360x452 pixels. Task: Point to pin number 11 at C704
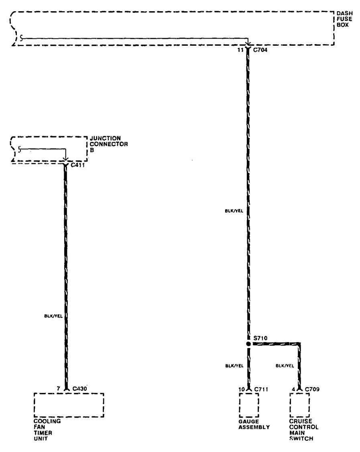tap(240, 50)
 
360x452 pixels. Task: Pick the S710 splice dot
tap(248, 344)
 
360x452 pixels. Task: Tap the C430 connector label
tap(79, 389)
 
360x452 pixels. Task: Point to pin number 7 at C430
tap(58, 389)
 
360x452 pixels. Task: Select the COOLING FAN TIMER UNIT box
tap(69, 405)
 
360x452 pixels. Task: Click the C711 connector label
tap(262, 389)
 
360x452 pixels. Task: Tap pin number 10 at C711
tap(240, 389)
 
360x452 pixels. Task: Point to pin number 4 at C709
tap(293, 389)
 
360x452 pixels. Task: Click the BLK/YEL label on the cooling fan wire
tap(53, 316)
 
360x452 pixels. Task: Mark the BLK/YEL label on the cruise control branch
tap(285, 366)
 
